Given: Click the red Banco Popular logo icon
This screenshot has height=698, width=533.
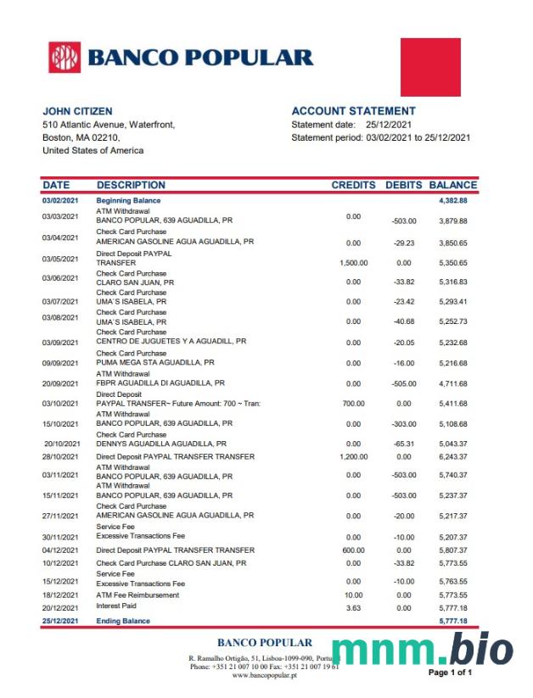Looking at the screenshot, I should coord(65,58).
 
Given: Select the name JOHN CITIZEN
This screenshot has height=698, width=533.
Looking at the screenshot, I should coord(77,111).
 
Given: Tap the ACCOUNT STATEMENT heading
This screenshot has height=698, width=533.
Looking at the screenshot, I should coord(353,111).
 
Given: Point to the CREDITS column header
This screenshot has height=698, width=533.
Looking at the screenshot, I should coord(353,185).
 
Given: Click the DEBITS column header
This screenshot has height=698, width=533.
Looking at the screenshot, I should coord(403,185).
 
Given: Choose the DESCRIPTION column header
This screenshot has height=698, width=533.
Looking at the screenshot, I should coord(131,185).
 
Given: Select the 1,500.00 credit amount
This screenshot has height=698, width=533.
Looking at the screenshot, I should coord(353,263).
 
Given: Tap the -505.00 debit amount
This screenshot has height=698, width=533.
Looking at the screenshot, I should coord(403,383).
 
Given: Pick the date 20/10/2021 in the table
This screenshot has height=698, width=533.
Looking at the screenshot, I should coord(61,444).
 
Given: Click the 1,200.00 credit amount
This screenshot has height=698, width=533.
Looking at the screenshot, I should coord(353,457).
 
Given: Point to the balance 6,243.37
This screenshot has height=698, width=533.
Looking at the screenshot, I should coord(453,457).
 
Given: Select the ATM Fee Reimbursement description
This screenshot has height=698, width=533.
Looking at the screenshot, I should coord(137,595).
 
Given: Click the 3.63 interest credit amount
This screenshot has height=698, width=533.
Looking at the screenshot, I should coord(353,608).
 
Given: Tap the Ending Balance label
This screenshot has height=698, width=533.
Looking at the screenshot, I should coord(123,622).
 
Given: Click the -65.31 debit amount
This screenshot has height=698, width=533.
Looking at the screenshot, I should coord(403,444).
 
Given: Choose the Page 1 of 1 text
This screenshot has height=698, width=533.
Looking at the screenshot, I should coord(450,673).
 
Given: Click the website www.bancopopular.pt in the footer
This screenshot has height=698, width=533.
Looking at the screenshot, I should coord(264,675).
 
